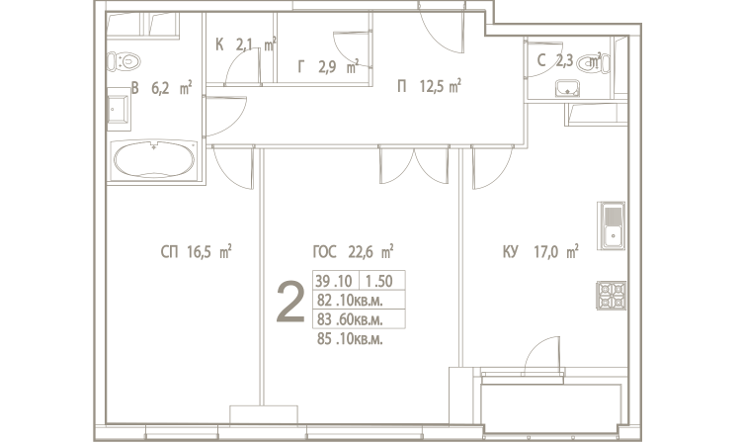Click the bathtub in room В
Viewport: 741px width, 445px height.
154,159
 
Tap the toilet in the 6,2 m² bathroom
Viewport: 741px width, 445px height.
123,61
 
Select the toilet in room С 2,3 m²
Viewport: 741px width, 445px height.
593,63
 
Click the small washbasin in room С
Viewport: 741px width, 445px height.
567,88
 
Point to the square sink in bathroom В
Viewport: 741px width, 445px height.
119,109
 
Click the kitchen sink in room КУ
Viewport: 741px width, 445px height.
613,225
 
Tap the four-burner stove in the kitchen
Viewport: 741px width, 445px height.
612,295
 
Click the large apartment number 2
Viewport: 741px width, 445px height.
290,302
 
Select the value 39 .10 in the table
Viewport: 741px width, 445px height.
334,281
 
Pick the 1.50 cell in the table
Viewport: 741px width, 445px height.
379,281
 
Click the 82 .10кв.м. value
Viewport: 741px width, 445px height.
350,301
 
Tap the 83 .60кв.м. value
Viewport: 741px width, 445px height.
350,319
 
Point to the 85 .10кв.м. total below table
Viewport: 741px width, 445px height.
350,339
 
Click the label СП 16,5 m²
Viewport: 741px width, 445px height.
197,251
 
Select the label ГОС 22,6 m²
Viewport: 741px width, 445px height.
353,251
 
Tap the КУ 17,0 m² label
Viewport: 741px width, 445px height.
540,251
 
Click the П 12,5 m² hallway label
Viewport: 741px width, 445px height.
429,87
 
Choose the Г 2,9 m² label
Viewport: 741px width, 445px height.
328,66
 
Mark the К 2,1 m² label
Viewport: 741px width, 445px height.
246,44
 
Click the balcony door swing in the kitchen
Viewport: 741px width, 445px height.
543,356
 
